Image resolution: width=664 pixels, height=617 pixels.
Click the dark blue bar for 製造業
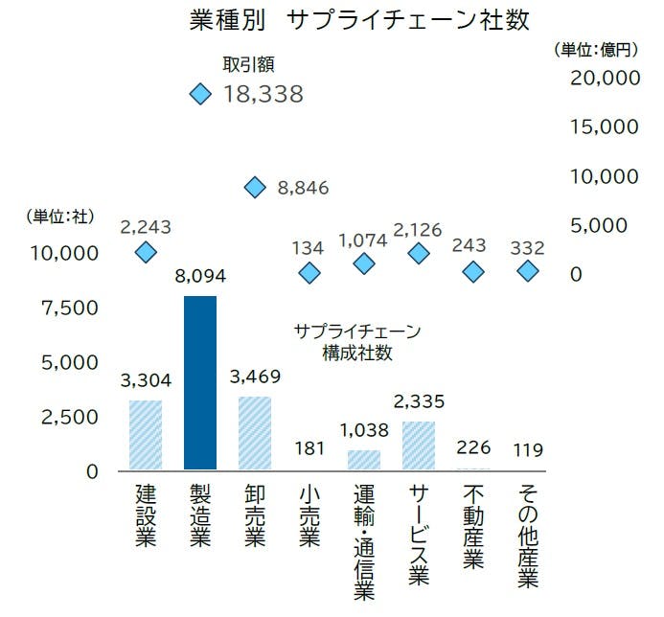tap(200, 383)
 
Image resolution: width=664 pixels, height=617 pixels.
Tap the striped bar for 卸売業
tap(255, 434)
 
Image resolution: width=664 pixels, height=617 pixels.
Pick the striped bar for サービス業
tap(419, 446)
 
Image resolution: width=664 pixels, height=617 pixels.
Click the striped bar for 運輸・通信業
tap(364, 461)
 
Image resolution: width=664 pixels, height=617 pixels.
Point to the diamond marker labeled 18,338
tap(200, 94)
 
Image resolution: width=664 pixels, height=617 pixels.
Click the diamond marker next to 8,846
tap(255, 188)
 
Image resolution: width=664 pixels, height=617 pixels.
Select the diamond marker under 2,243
tap(146, 252)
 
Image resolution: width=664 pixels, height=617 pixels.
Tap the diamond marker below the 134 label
tap(309, 273)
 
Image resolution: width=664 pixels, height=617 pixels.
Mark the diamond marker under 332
tap(528, 272)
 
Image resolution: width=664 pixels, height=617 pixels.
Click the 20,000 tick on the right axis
tap(605, 78)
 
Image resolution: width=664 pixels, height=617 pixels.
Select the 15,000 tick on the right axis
tap(605, 126)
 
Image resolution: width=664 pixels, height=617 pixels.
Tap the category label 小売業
tap(309, 517)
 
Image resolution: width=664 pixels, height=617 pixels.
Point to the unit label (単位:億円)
tap(597, 48)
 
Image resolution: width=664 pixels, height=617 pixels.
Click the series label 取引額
tap(249, 65)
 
